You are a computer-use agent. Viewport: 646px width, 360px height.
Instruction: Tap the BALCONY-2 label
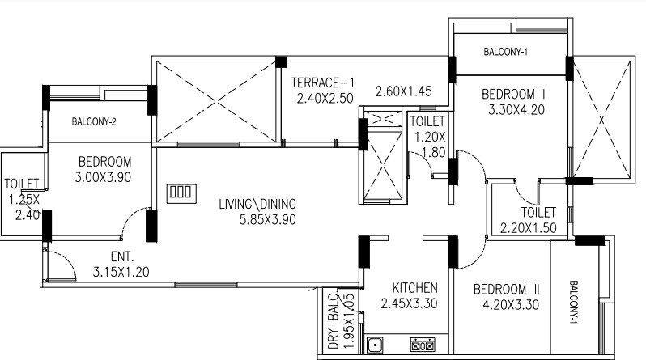[94, 122]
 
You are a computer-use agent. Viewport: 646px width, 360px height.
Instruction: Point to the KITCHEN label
[414, 288]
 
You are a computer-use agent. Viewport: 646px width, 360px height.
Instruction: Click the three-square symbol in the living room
[181, 193]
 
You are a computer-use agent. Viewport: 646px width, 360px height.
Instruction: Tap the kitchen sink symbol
[376, 346]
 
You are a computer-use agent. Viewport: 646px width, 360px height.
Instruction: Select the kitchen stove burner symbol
[423, 346]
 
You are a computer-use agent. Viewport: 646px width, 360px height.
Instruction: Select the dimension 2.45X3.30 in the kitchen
[410, 305]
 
